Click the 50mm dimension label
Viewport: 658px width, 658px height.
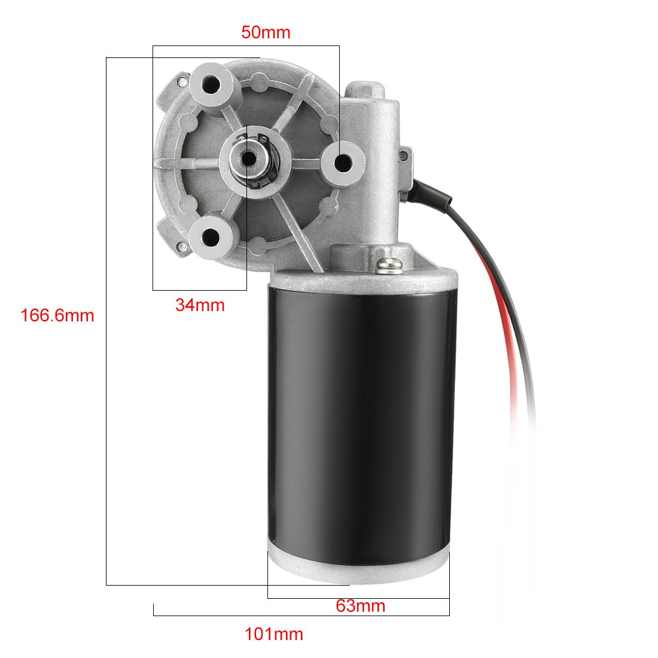point(266,32)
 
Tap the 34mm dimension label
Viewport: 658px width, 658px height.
point(200,305)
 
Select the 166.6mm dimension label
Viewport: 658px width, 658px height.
point(57,315)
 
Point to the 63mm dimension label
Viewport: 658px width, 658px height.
point(360,606)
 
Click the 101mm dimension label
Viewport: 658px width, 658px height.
point(274,634)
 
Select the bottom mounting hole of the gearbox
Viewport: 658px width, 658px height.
point(211,237)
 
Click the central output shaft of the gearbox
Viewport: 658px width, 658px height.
point(247,159)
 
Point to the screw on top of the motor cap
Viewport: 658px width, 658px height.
point(387,263)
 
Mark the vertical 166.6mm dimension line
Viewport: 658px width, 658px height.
point(106,359)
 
